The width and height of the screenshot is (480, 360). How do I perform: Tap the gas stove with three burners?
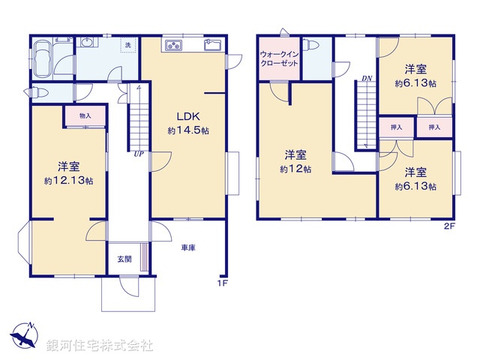click(174, 46)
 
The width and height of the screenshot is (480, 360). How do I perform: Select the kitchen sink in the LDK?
click(211, 46)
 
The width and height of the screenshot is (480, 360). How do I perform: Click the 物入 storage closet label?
click(84, 115)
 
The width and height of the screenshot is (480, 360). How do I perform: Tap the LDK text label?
click(187, 116)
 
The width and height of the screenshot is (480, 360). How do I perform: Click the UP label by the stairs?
click(139, 155)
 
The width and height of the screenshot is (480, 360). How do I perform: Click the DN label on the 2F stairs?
click(367, 78)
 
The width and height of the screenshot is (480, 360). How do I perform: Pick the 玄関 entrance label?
click(124, 259)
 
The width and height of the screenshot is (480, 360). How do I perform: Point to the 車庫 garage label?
click(187, 248)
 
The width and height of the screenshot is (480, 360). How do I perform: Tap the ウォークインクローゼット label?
click(279, 59)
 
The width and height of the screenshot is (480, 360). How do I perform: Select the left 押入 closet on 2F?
click(396, 128)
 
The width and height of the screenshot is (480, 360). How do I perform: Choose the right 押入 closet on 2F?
click(434, 128)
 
